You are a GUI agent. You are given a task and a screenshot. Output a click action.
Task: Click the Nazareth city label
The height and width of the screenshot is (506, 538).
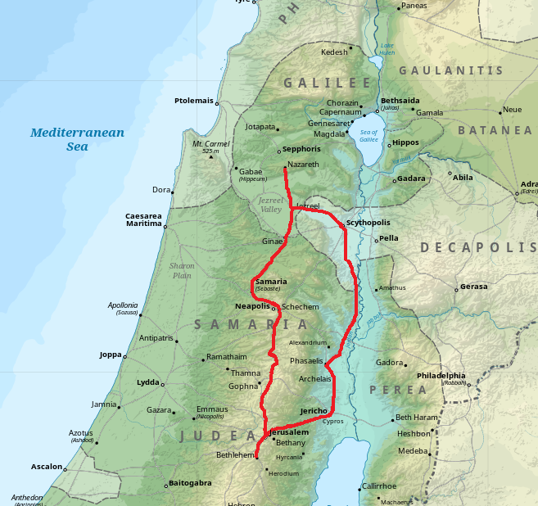coord(304,165)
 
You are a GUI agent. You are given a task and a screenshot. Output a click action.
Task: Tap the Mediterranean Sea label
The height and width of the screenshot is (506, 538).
coord(77,139)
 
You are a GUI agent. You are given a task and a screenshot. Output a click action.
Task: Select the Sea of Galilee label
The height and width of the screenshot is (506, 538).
coord(368,136)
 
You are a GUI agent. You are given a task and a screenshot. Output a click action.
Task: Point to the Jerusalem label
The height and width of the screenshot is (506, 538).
coord(289,431)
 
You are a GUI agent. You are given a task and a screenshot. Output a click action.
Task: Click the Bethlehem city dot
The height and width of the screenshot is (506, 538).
coord(256,458)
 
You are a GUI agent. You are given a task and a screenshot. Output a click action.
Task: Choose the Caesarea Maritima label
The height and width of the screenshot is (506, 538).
coord(143,219)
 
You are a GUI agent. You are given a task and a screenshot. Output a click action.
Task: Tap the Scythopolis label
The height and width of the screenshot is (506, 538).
coord(368,223)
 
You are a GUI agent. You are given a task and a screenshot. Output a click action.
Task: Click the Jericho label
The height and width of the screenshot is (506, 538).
coord(314,410)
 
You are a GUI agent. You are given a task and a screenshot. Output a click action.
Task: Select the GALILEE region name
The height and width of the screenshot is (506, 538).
coord(327,83)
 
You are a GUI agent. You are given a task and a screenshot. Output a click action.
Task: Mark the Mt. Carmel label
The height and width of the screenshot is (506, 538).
coord(209,144)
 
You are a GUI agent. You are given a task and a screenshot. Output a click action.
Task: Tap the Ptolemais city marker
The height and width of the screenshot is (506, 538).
coord(218,102)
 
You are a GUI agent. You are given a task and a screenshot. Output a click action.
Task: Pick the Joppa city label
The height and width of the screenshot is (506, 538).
coord(110,355)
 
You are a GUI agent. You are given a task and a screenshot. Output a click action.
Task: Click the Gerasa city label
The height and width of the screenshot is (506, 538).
coord(474,287)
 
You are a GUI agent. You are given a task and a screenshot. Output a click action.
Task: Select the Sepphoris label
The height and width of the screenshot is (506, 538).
coord(301,150)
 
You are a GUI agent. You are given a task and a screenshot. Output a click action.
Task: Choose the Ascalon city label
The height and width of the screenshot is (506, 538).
coord(47,467)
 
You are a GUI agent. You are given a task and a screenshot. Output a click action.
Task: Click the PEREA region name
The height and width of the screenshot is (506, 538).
coord(387,390)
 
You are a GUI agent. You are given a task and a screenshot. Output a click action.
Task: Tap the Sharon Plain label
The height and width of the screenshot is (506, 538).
coord(182,270)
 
